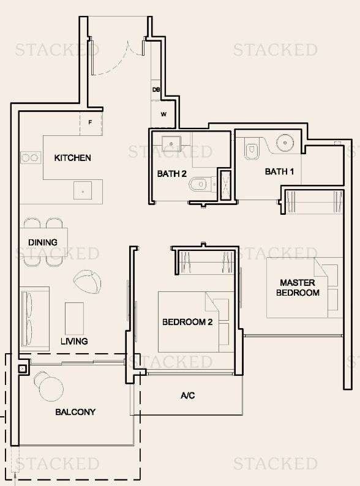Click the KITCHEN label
[73, 158]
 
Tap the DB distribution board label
[156, 89]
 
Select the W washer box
[163, 114]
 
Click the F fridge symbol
[91, 123]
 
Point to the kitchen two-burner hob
[31, 158]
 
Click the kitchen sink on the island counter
[83, 190]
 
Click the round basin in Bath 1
[285, 143]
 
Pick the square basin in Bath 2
[171, 143]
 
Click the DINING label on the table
[43, 242]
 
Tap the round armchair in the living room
[88, 279]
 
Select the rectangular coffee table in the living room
[75, 318]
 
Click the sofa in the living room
[34, 319]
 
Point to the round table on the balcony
[51, 389]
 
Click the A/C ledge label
[187, 395]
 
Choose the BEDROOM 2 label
[187, 322]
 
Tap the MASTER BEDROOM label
[298, 287]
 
